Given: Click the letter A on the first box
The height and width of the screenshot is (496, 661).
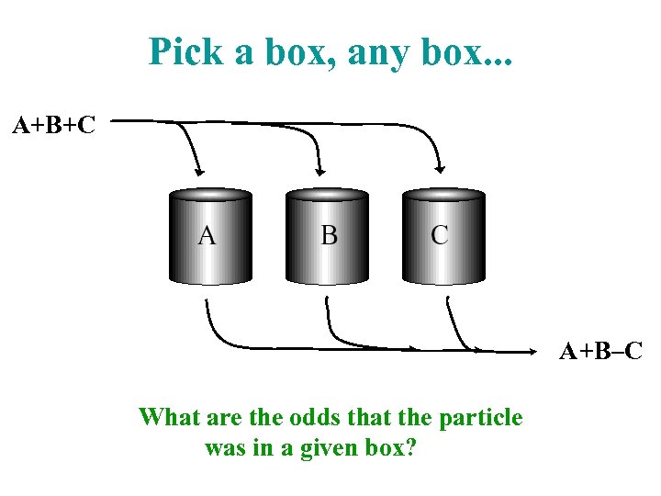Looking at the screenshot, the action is click(x=207, y=236).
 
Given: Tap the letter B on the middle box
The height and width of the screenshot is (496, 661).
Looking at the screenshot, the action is click(x=329, y=236).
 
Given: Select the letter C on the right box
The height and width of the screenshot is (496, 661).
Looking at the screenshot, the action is click(x=440, y=235).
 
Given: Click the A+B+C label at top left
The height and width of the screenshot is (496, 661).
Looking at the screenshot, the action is click(x=53, y=125).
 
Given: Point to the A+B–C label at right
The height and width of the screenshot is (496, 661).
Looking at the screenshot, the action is click(x=601, y=350).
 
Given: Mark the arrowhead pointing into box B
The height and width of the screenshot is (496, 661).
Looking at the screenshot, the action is click(x=319, y=170).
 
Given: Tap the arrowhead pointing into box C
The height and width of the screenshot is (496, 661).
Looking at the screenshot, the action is click(x=440, y=169).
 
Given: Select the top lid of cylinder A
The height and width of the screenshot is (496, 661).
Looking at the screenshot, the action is click(x=210, y=195).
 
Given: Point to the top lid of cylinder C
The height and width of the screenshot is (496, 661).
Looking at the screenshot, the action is click(x=443, y=195).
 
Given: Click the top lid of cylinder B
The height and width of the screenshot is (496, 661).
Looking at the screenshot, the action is click(x=327, y=195).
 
